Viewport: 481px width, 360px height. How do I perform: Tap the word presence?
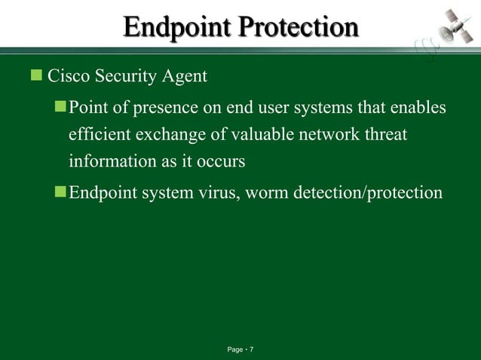[x=161, y=108]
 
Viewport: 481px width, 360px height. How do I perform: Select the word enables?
[x=417, y=108]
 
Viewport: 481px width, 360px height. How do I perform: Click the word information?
[x=109, y=161]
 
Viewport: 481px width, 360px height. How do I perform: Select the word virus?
[x=216, y=193]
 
